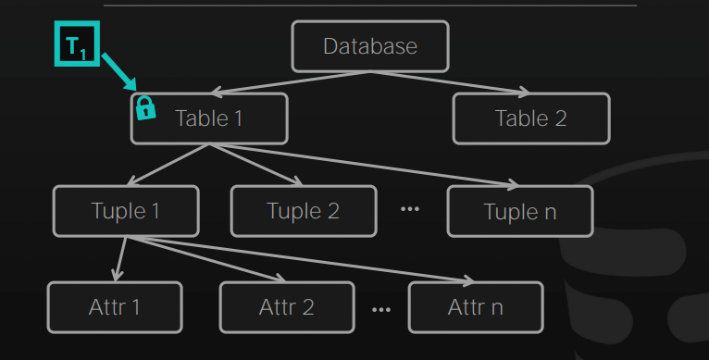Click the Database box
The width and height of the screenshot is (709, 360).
pos(370,46)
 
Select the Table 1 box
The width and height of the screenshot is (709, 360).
pos(209,118)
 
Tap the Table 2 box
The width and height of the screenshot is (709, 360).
pos(531,118)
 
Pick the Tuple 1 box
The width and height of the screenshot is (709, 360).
pos(126,211)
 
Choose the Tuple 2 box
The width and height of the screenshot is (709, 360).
pos(304,211)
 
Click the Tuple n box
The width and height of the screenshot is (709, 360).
pos(520,211)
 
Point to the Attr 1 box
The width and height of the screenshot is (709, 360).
pos(115,307)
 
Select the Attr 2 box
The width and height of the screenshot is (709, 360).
pos(287,307)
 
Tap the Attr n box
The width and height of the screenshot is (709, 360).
pos(476,307)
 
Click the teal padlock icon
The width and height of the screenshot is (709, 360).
pos(145,108)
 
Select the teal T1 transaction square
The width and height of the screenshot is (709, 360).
pos(77,43)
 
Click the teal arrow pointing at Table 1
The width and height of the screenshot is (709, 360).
pos(118,72)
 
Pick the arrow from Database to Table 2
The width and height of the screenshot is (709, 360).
pos(451,82)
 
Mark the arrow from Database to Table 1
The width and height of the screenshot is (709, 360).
pos(291,82)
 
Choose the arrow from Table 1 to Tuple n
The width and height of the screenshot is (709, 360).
pos(365,165)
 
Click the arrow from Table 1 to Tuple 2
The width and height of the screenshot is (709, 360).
pos(256,165)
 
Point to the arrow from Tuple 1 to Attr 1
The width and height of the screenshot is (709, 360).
pos(121,259)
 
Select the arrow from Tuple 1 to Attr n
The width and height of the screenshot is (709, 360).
pos(301,260)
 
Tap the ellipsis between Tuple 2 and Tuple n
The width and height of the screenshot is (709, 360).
pos(410,209)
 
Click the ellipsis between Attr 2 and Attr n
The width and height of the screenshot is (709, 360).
pos(381,310)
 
